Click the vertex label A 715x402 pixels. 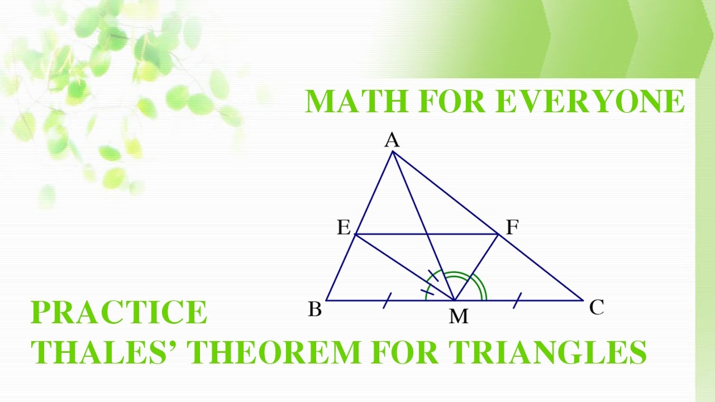coord(392,141)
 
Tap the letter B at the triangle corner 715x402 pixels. coord(315,309)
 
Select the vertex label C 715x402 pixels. coord(597,307)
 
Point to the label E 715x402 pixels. coord(343,228)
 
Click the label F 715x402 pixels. coord(512,227)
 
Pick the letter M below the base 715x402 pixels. coord(458,317)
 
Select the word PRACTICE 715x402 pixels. coord(119,312)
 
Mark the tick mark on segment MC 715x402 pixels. coord(517,301)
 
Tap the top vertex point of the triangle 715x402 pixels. coord(393,152)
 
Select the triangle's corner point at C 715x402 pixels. coord(583,300)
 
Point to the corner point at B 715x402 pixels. coord(326,300)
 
